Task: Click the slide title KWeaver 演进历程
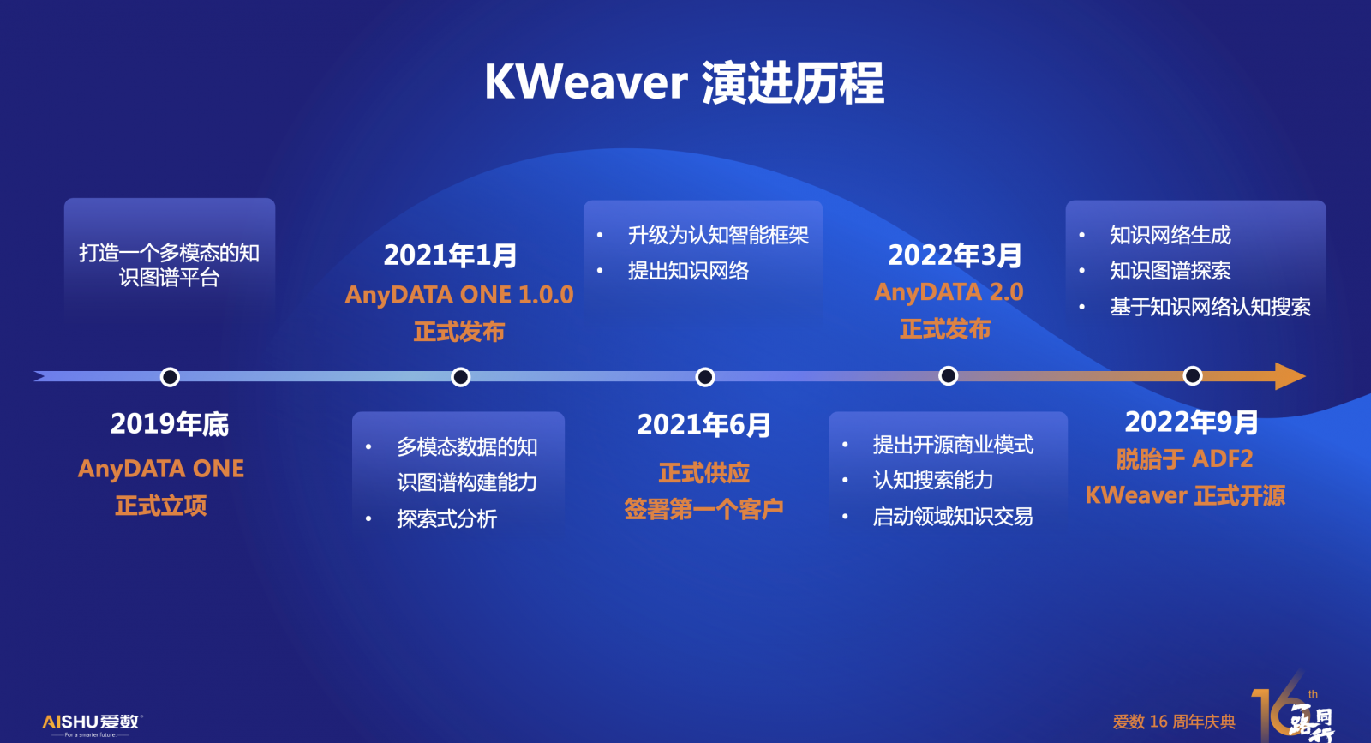coord(685,82)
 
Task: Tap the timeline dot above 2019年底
coord(170,377)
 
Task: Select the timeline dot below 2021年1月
coord(460,377)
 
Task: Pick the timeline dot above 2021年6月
coord(705,377)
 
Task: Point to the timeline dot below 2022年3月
coord(948,375)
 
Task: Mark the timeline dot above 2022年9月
coord(1192,375)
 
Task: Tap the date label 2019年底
coord(170,424)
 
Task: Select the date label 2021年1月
coord(450,255)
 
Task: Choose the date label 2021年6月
coord(703,425)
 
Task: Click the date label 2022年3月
coord(955,255)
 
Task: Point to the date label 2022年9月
coord(1191,422)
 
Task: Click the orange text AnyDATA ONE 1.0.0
coord(459,295)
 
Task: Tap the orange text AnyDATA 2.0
coord(949,292)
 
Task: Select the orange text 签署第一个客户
coord(703,508)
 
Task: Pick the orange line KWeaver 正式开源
coord(1185,495)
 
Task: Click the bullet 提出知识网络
coord(688,271)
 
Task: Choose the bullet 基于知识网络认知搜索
coord(1210,307)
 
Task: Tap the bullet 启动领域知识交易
coord(952,517)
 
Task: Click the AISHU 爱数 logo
coord(92,724)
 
